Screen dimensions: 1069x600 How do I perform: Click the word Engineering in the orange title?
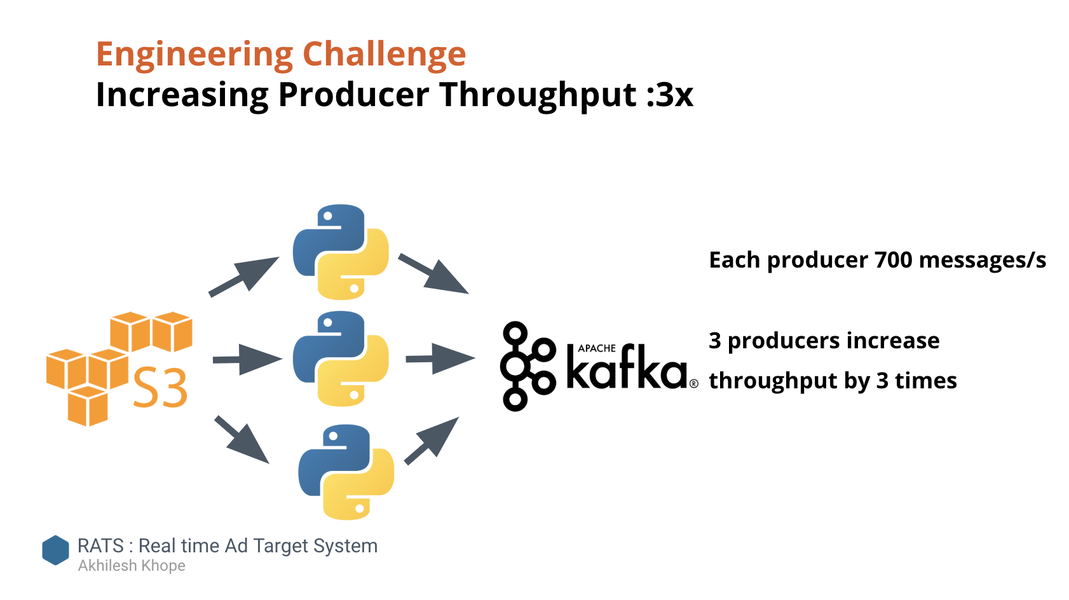194,55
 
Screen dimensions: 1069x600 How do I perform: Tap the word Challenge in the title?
384,53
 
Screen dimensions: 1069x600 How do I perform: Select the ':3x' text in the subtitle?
670,95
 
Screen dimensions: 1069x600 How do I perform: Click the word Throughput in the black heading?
538,96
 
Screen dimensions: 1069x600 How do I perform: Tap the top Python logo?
340,252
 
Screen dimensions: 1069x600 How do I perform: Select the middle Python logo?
340,358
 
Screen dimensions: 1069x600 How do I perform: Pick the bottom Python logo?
346,472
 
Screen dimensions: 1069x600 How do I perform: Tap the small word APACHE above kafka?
597,348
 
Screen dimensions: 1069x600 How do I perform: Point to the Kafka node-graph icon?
528,366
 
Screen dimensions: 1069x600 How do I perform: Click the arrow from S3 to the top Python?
244,276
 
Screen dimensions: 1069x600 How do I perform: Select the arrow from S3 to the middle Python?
247,359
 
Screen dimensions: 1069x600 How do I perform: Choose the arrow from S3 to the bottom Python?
242,440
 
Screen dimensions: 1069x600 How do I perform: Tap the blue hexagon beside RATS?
55,550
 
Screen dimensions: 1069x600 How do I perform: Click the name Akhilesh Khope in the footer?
132,566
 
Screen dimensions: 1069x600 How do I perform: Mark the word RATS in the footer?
100,545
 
